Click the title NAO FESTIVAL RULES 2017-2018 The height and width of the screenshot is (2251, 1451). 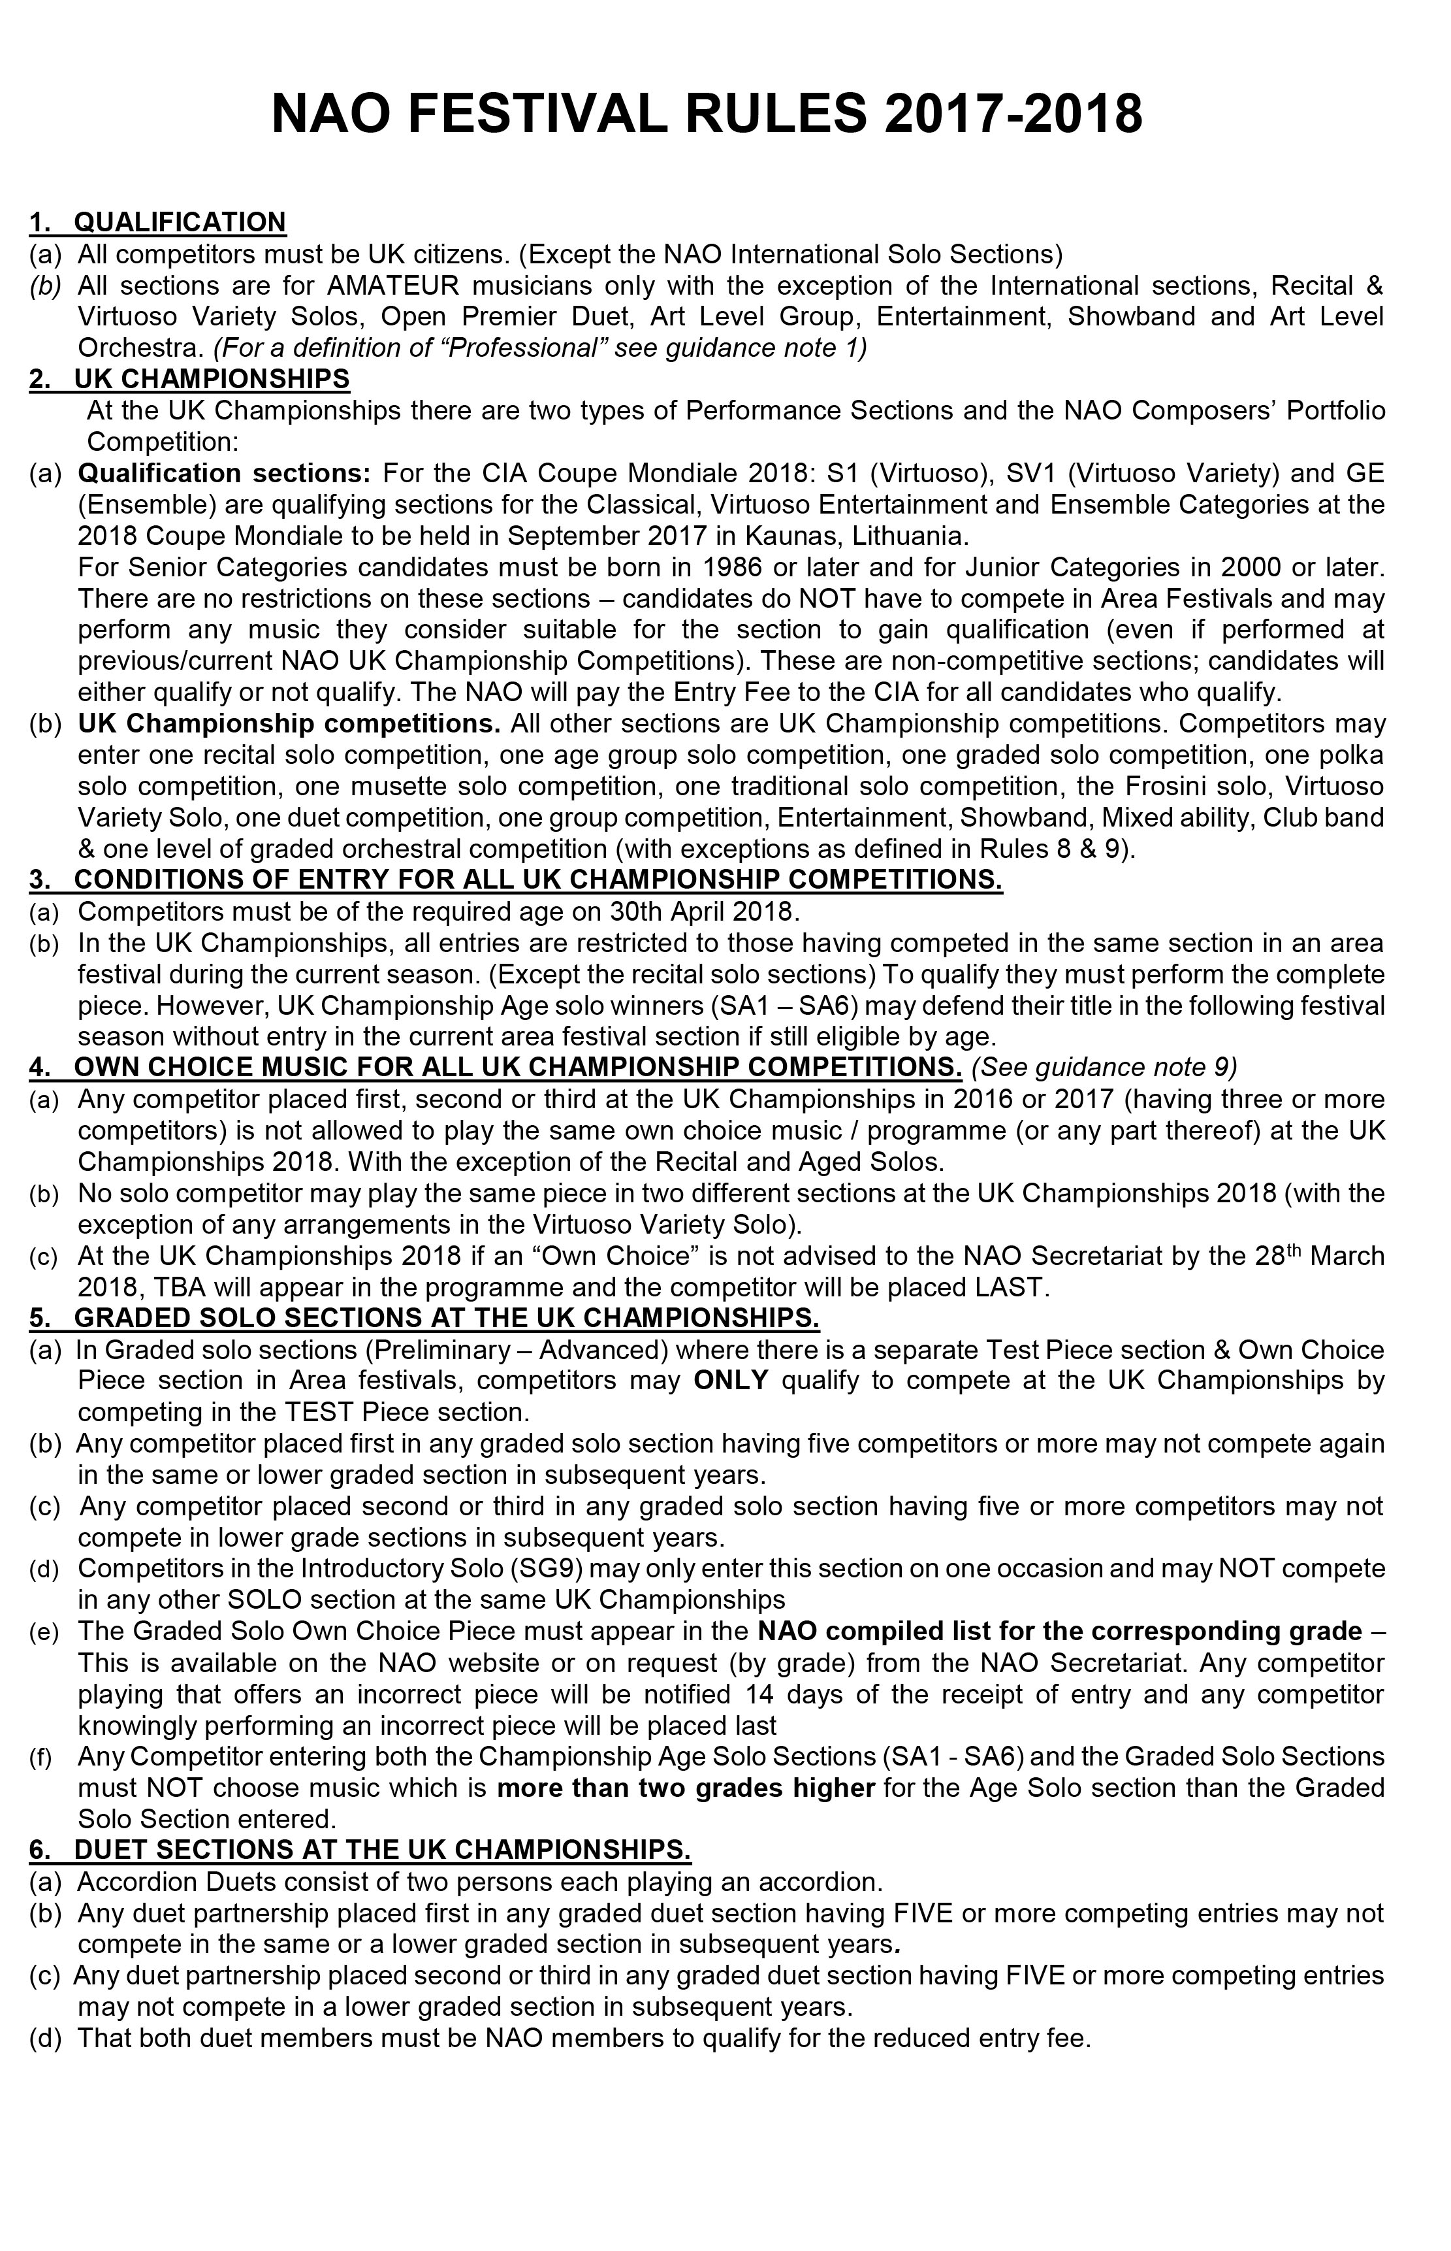click(707, 115)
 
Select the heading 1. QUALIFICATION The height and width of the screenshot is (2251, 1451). click(157, 222)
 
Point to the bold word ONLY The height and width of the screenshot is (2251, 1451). click(731, 1380)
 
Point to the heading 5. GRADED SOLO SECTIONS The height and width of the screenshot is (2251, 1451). click(424, 1318)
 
